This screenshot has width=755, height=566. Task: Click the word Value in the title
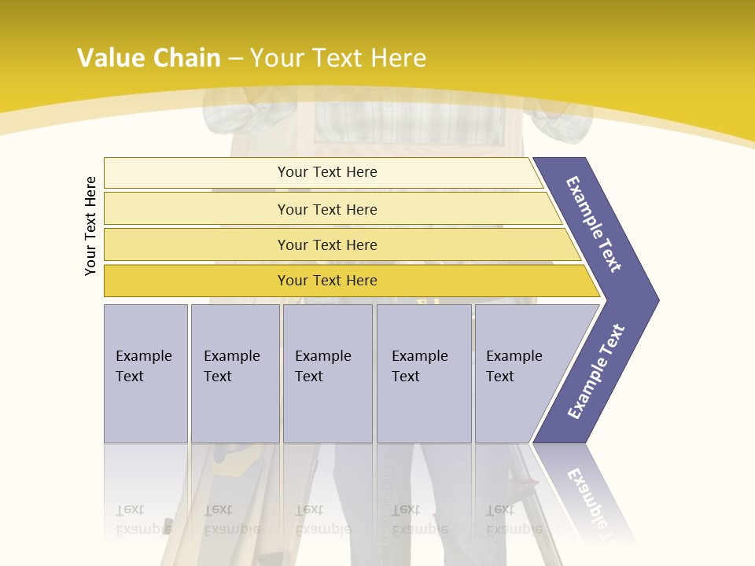[110, 58]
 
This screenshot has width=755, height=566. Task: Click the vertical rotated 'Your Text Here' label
[90, 226]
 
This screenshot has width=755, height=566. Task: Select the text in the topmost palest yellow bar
[327, 172]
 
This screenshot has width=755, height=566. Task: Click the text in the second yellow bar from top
[327, 210]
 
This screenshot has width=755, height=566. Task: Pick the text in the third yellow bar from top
[327, 245]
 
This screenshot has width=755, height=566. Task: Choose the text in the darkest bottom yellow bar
[327, 281]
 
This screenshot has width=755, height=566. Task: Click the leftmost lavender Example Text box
[145, 373]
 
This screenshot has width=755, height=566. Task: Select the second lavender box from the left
[234, 373]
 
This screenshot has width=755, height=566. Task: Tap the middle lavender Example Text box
[327, 373]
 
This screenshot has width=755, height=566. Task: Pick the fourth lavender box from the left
[423, 373]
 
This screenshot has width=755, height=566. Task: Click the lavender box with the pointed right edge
[519, 373]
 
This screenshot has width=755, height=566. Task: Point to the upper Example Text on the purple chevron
[594, 224]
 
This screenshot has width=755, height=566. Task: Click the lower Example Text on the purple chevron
[596, 372]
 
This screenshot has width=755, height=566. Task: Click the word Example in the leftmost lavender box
[143, 356]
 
